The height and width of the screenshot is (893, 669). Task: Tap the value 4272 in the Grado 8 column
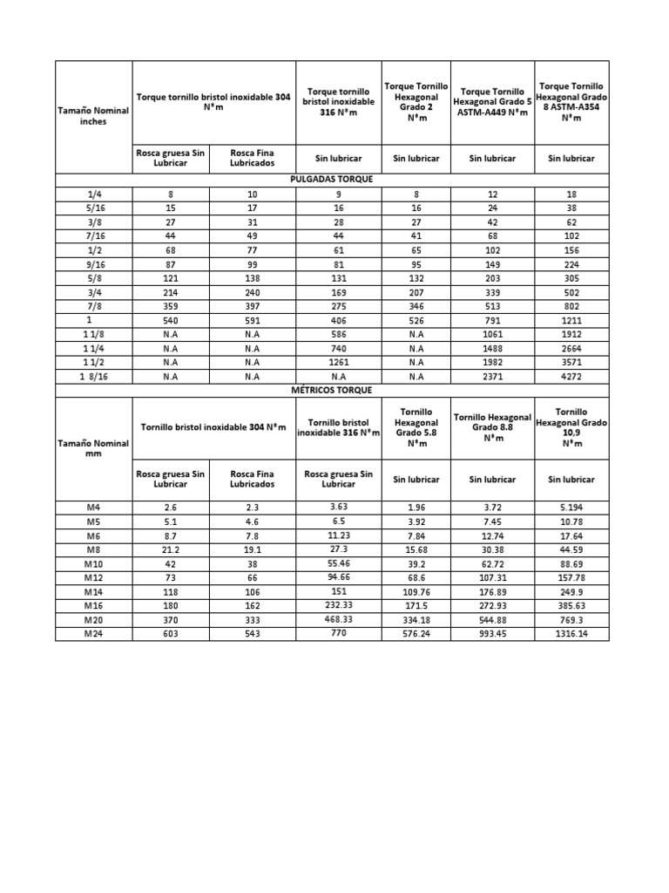pyautogui.click(x=571, y=377)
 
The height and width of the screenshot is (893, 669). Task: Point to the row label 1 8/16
pyautogui.click(x=93, y=377)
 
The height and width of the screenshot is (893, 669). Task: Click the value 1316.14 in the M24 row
pyautogui.click(x=571, y=634)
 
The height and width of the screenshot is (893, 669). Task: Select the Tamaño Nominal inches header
pyautogui.click(x=93, y=116)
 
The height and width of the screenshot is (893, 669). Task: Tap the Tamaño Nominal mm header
pyautogui.click(x=93, y=448)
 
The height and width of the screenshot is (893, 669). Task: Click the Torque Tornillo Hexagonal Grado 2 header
pyautogui.click(x=416, y=103)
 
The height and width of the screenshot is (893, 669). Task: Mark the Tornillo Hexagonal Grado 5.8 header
pyautogui.click(x=416, y=426)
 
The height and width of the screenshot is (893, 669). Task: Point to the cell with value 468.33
pyautogui.click(x=339, y=620)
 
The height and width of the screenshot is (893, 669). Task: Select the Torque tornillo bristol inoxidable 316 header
pyautogui.click(x=339, y=103)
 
